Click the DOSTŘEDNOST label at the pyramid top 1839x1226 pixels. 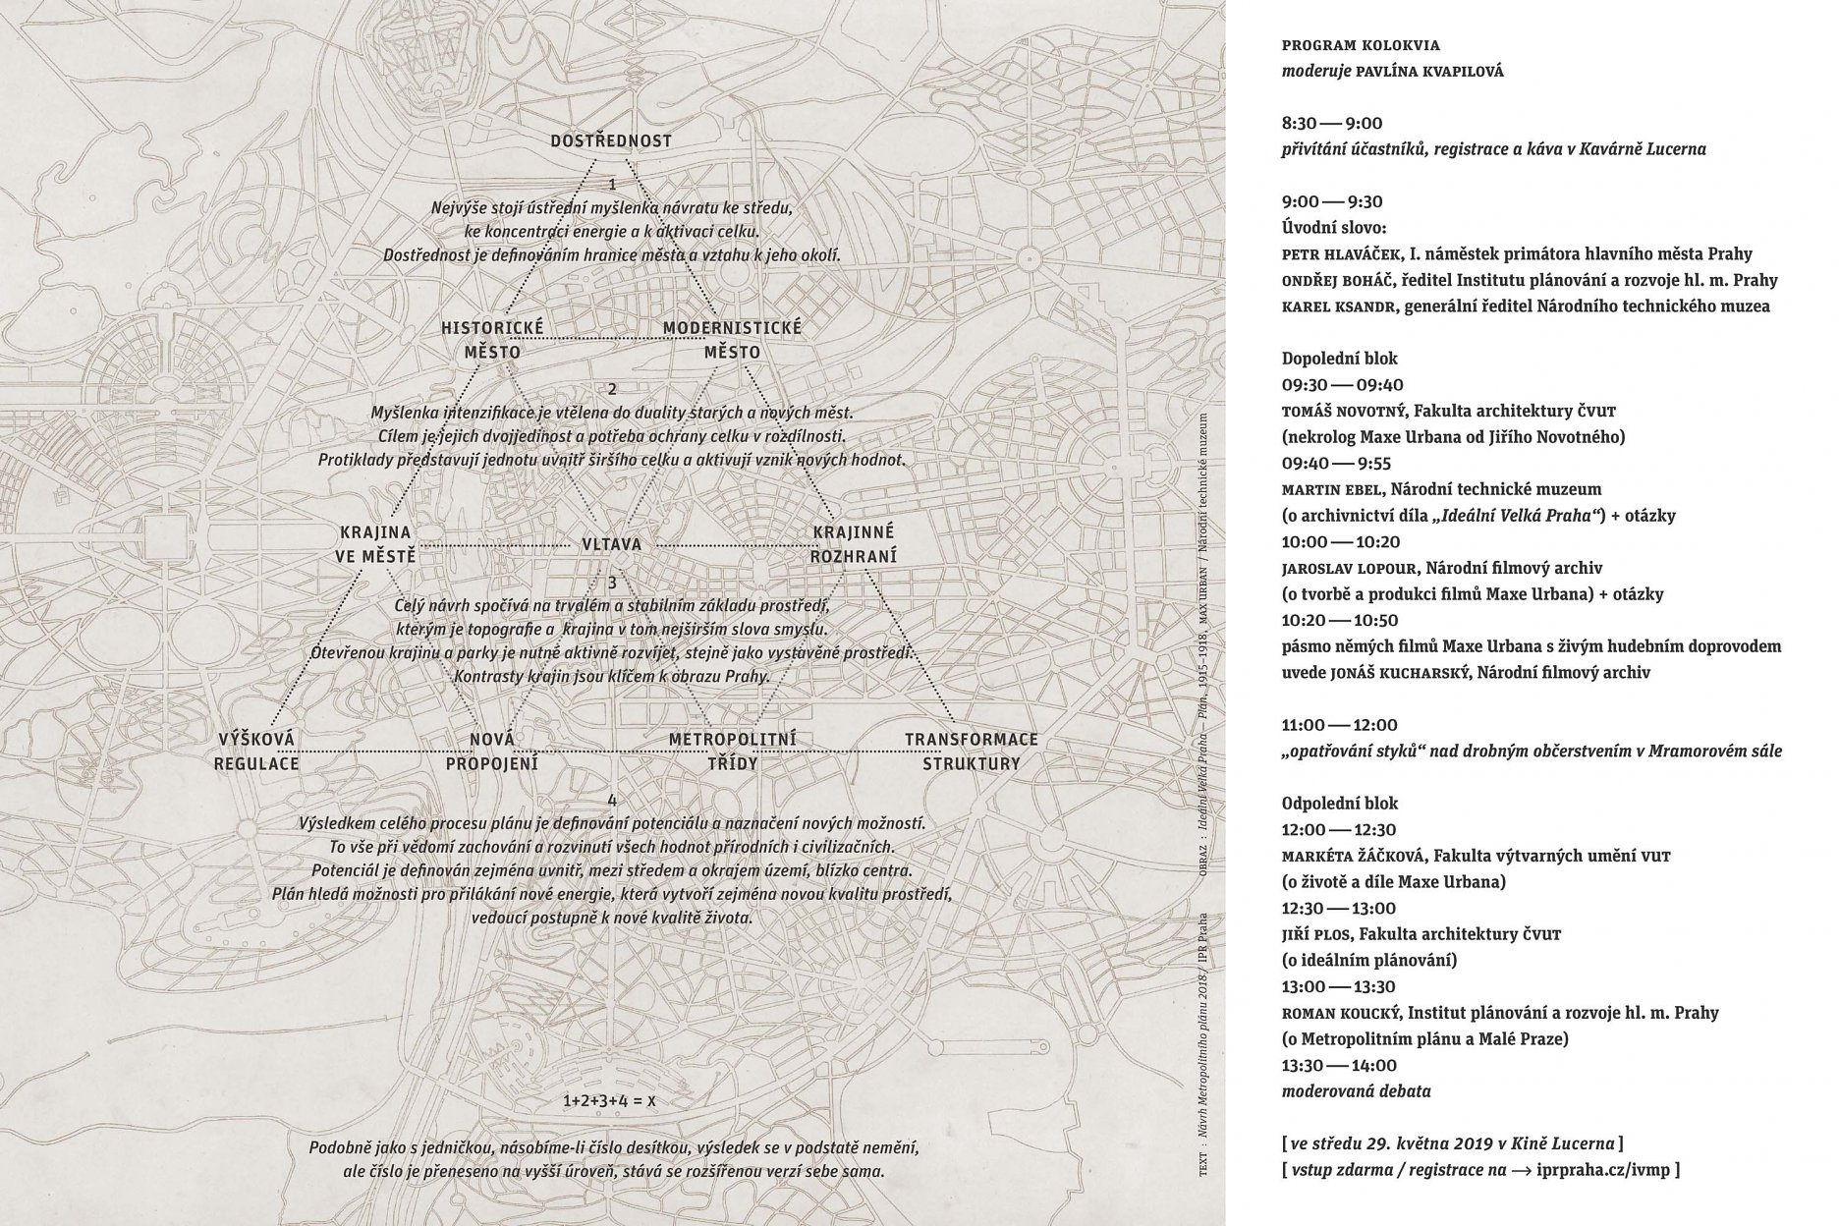click(x=610, y=141)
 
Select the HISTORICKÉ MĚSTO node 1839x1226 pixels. click(x=492, y=340)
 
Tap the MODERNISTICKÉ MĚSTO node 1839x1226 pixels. click(x=732, y=340)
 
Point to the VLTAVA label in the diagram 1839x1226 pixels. click(x=611, y=544)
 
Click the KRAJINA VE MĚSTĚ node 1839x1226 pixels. click(x=375, y=544)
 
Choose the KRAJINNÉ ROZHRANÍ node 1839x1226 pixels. click(x=854, y=544)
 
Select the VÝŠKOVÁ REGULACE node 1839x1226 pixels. click(x=256, y=751)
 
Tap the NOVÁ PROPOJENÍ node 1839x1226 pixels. click(x=492, y=751)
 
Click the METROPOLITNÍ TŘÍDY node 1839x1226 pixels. click(x=732, y=751)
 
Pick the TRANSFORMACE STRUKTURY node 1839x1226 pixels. click(x=971, y=751)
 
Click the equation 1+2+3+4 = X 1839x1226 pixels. click(x=609, y=1101)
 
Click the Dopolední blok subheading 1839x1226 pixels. click(x=1339, y=359)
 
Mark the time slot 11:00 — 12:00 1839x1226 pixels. click(x=1339, y=725)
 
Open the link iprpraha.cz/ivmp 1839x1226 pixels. click(x=1609, y=1170)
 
